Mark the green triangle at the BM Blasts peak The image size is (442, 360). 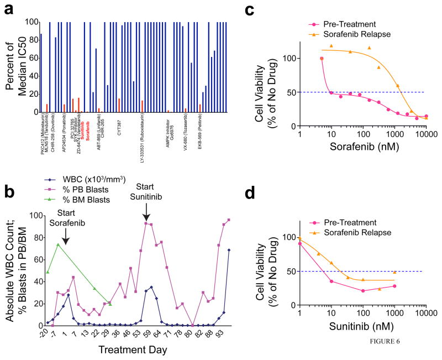coord(58,244)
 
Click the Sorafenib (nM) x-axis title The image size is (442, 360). coord(365,146)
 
